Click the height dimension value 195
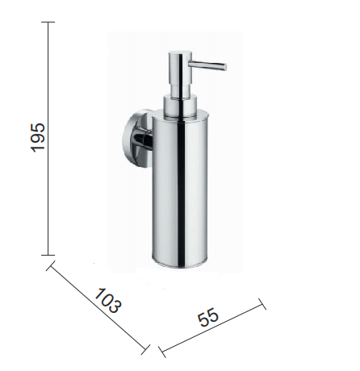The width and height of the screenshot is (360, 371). point(38,138)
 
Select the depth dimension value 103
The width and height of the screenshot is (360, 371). point(107,300)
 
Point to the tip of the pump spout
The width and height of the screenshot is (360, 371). point(225,66)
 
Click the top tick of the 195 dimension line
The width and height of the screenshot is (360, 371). point(48,22)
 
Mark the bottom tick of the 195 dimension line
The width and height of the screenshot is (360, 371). point(48,255)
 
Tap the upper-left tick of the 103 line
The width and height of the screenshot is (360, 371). point(51,265)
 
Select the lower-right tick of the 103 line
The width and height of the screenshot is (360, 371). point(145,349)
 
